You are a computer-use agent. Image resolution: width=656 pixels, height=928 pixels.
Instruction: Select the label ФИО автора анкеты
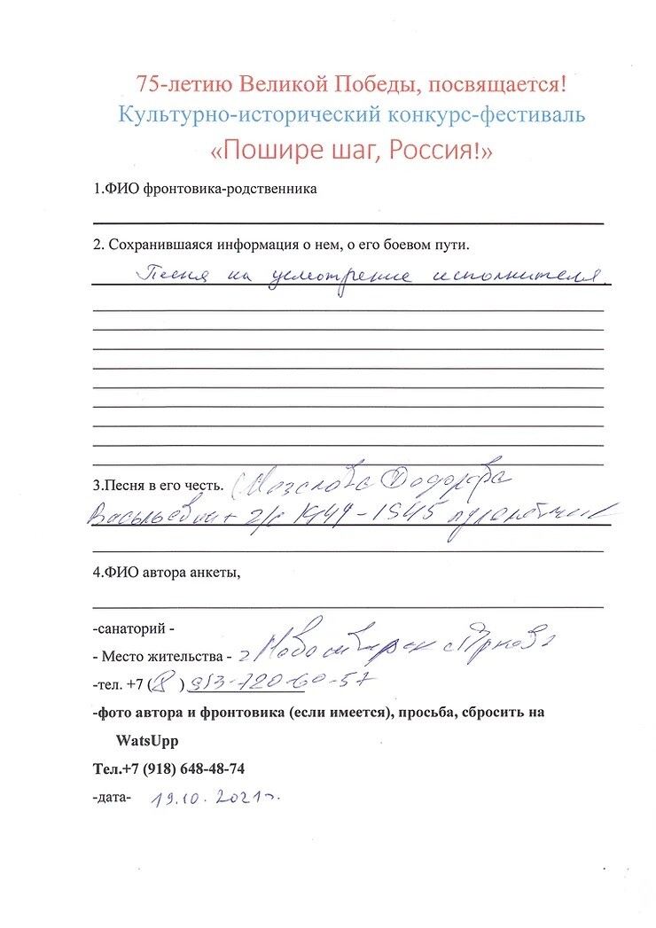[167, 572]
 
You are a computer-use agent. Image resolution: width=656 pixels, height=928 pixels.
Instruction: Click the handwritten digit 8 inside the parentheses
[162, 682]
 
